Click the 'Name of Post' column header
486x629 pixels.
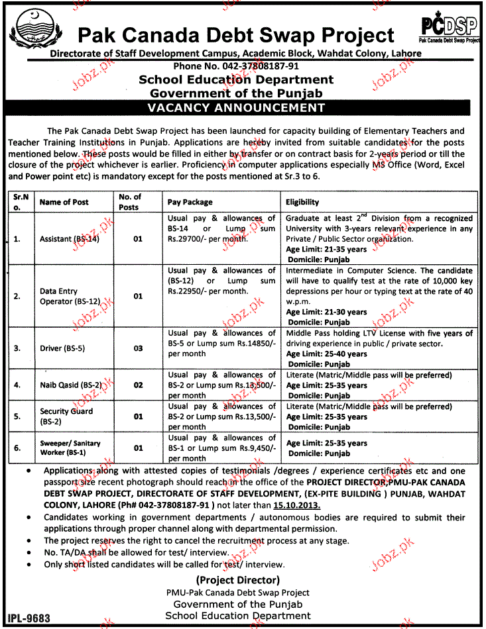click(x=64, y=202)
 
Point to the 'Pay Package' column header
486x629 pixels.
click(x=190, y=202)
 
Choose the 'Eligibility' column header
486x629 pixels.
click(x=302, y=202)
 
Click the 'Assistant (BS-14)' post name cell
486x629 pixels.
click(x=70, y=238)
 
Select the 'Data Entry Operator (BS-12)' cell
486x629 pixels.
click(x=70, y=296)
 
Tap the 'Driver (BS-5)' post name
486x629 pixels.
click(x=62, y=348)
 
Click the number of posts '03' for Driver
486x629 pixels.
click(x=138, y=348)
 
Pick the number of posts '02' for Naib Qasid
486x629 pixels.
click(x=138, y=384)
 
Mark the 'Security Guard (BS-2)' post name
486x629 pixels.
click(x=66, y=415)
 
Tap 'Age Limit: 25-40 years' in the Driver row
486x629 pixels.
click(x=326, y=354)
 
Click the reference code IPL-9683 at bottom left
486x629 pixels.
click(x=29, y=618)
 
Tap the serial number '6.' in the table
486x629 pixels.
click(x=17, y=448)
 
